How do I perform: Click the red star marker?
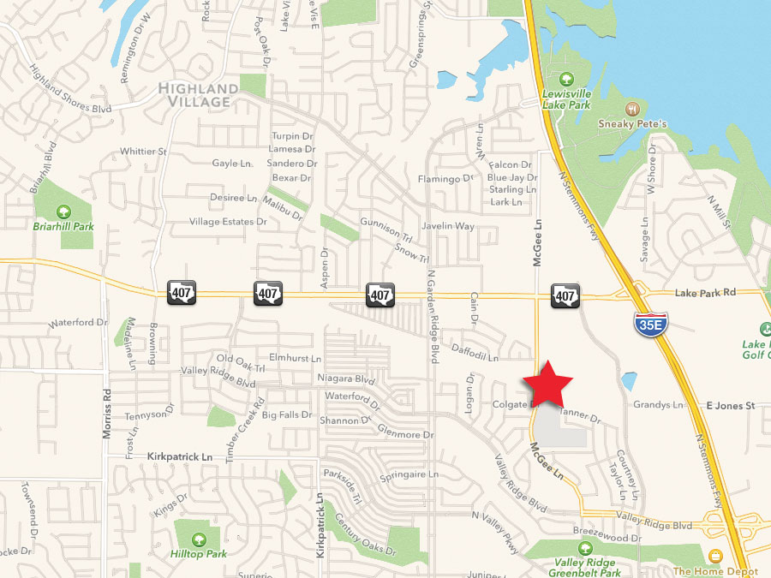tap(547, 384)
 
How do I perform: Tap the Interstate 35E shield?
tap(648, 324)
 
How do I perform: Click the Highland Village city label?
tap(196, 95)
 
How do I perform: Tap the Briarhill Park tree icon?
tap(63, 211)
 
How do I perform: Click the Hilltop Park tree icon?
tap(199, 539)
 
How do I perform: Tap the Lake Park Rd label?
tap(705, 292)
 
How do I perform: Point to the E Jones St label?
tap(731, 405)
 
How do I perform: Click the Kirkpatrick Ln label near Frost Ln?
tap(179, 457)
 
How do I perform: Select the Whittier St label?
tap(143, 152)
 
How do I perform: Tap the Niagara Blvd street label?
tap(346, 379)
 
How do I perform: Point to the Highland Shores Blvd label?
tap(72, 88)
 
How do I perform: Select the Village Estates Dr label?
tap(229, 222)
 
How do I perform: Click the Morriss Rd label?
tap(108, 416)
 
